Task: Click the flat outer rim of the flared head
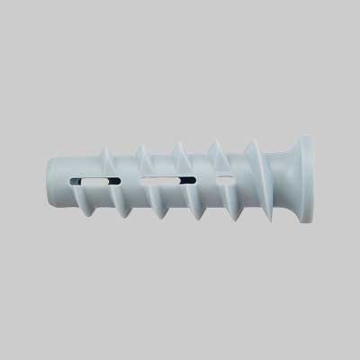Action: [x=311, y=179]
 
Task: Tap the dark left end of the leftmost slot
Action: [x=83, y=182]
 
